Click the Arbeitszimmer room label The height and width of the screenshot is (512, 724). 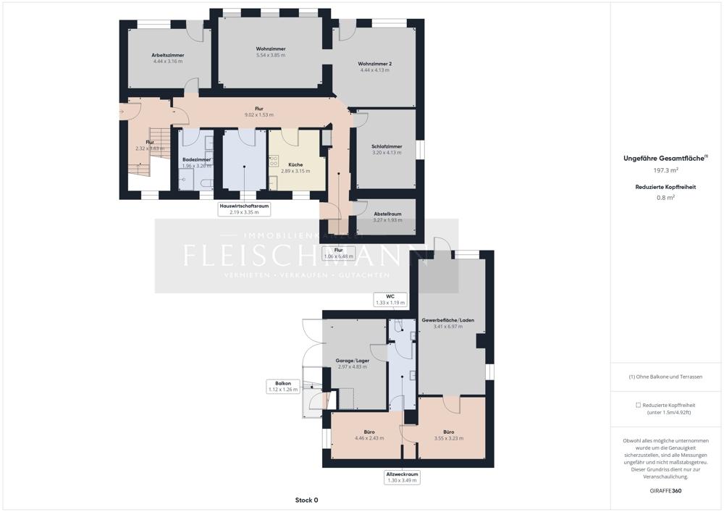pos(167,55)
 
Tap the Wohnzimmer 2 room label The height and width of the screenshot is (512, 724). pos(374,64)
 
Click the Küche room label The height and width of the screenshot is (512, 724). pos(295,164)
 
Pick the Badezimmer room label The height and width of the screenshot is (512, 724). pos(197,159)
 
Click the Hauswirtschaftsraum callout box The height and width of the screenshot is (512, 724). pos(244,209)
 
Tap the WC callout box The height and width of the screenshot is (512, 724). pos(389,299)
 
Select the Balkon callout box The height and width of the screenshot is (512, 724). pos(282,386)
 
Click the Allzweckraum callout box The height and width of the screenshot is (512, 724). pos(402,477)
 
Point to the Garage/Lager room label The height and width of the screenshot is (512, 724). pos(352,360)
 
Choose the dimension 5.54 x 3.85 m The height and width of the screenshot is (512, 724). pos(270,55)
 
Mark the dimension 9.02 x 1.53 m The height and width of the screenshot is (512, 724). pos(258,115)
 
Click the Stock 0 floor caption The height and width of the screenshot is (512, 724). pos(306,500)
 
